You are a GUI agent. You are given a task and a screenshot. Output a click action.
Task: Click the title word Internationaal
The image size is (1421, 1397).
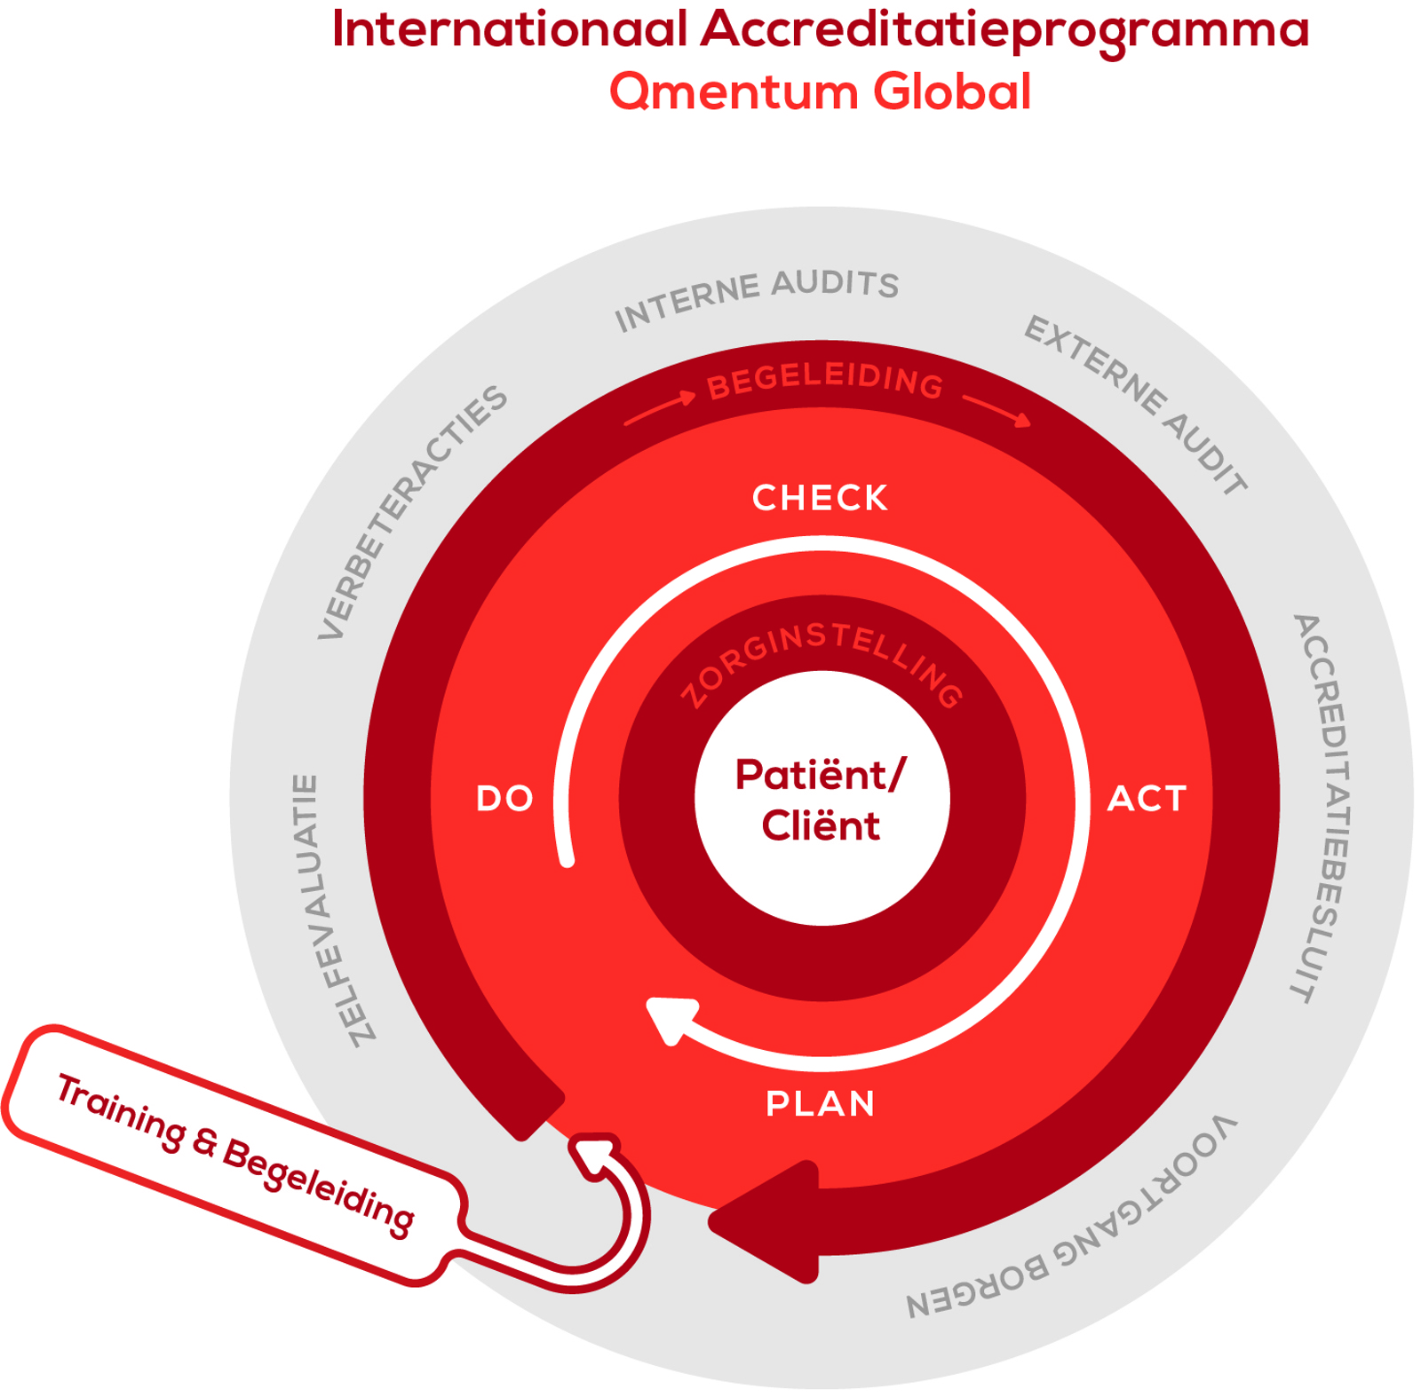(x=510, y=28)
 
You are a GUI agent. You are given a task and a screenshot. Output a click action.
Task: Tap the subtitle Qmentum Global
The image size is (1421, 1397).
(x=820, y=91)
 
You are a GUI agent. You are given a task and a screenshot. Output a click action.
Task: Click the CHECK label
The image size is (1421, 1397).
(x=820, y=498)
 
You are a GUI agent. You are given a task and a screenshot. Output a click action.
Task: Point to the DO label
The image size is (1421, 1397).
(x=504, y=799)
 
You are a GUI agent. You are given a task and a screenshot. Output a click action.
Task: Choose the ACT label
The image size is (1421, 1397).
(x=1147, y=799)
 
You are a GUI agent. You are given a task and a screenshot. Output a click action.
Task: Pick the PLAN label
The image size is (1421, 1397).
(x=821, y=1103)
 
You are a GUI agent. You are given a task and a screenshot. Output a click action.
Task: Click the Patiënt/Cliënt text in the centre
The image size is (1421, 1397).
(x=821, y=801)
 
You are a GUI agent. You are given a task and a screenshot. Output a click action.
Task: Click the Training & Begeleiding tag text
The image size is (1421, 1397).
(x=235, y=1154)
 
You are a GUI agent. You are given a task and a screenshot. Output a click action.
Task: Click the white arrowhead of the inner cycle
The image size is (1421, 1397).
(x=671, y=1018)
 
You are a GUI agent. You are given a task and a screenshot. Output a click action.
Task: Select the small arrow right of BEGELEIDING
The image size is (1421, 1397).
(x=996, y=409)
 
